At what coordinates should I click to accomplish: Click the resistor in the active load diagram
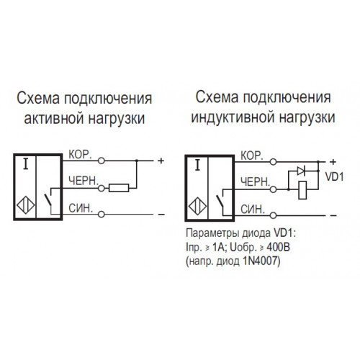[x=119, y=188]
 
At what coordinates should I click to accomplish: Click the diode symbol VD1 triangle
[x=301, y=171]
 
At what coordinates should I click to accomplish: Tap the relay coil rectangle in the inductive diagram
[x=302, y=190]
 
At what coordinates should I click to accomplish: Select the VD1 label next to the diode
[x=335, y=177]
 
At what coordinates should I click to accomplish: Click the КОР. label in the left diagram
[x=80, y=155]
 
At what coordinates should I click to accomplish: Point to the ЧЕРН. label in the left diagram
[x=84, y=181]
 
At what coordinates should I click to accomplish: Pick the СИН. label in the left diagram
[x=81, y=208]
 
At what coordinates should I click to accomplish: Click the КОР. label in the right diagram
[x=252, y=156]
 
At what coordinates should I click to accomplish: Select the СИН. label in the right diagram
[x=253, y=210]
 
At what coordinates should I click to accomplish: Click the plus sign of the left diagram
[x=161, y=161]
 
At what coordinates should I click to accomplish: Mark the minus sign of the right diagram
[x=333, y=215]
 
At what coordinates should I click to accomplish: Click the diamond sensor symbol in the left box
[x=26, y=205]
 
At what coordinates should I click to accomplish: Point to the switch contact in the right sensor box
[x=220, y=201]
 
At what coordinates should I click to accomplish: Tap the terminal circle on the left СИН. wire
[x=102, y=214]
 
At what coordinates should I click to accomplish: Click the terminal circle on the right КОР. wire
[x=273, y=162]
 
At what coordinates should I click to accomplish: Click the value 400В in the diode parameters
[x=279, y=248]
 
